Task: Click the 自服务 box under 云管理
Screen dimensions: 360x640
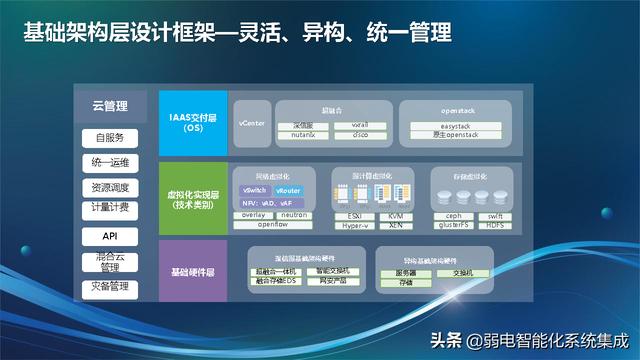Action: click(111, 137)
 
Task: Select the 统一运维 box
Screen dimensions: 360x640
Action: click(111, 162)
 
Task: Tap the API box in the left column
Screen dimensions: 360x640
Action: click(111, 236)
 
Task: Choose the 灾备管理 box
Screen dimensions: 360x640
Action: click(111, 288)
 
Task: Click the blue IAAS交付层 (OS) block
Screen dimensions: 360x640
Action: click(191, 123)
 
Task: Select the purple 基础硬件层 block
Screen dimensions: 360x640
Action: click(191, 271)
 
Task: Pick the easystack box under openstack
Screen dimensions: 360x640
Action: click(448, 126)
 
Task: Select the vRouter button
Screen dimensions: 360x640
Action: click(289, 189)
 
